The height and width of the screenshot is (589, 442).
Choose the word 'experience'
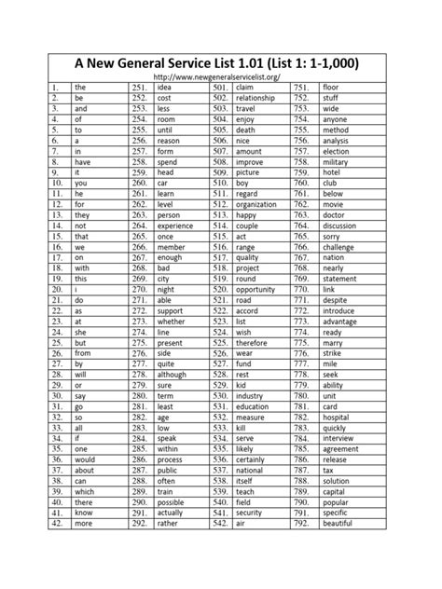click(176, 226)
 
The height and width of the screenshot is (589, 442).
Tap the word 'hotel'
click(333, 173)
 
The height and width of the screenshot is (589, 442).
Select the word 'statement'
click(341, 278)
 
